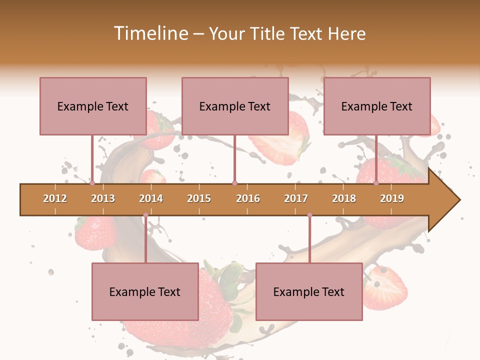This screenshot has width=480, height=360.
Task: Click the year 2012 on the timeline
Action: point(55,198)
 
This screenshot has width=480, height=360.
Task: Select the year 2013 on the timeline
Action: point(103,198)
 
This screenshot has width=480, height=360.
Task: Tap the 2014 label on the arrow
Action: point(151,198)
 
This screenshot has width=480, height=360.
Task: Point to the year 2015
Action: point(199,198)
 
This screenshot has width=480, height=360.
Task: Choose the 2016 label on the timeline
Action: point(248,198)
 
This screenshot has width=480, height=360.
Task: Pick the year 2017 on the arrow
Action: point(296,198)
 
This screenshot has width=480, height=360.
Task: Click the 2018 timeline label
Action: point(344,198)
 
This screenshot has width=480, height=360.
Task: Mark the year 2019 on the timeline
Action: point(392,198)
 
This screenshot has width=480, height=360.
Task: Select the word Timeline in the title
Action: point(150,33)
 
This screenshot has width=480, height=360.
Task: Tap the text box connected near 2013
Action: point(93,106)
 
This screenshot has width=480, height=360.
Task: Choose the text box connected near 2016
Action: point(235,106)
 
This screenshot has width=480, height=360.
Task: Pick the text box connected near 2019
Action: point(377,106)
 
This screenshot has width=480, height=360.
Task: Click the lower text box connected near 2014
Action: point(145,291)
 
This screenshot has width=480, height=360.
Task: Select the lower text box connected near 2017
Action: point(309,291)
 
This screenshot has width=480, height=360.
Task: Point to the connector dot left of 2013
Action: point(92,183)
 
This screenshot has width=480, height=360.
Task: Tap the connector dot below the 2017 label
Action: point(309,215)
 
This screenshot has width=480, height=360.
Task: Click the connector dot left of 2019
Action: point(376,183)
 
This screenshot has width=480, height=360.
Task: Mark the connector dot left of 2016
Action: point(234,183)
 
